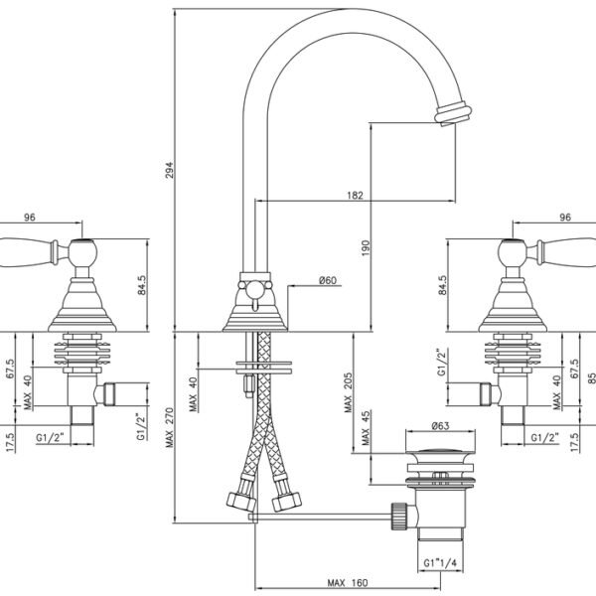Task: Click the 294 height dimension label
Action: point(170,170)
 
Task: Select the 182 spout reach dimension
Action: point(355,195)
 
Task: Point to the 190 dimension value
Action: point(366,247)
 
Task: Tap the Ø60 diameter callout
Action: point(328,280)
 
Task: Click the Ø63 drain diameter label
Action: point(440,425)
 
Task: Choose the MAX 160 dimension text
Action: point(348,583)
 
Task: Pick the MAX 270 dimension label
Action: point(170,427)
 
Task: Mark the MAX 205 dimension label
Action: point(348,392)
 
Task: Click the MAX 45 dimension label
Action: point(366,427)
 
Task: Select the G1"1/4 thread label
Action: point(440,562)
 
